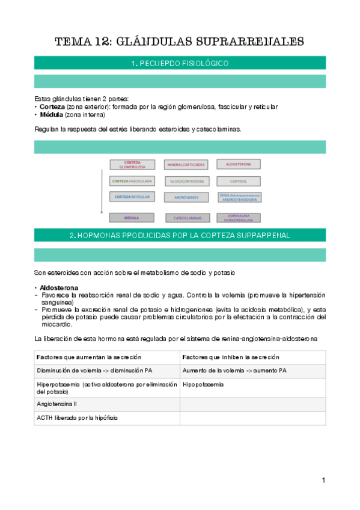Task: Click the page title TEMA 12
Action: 180,41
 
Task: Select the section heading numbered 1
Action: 180,63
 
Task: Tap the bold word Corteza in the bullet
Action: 53,106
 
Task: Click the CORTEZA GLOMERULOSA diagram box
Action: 132,165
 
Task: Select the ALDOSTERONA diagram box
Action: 240,164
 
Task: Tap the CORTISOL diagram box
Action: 240,180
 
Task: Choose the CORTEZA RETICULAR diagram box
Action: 132,197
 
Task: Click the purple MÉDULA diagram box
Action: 132,218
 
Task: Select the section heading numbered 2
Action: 180,235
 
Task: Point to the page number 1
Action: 323,481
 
